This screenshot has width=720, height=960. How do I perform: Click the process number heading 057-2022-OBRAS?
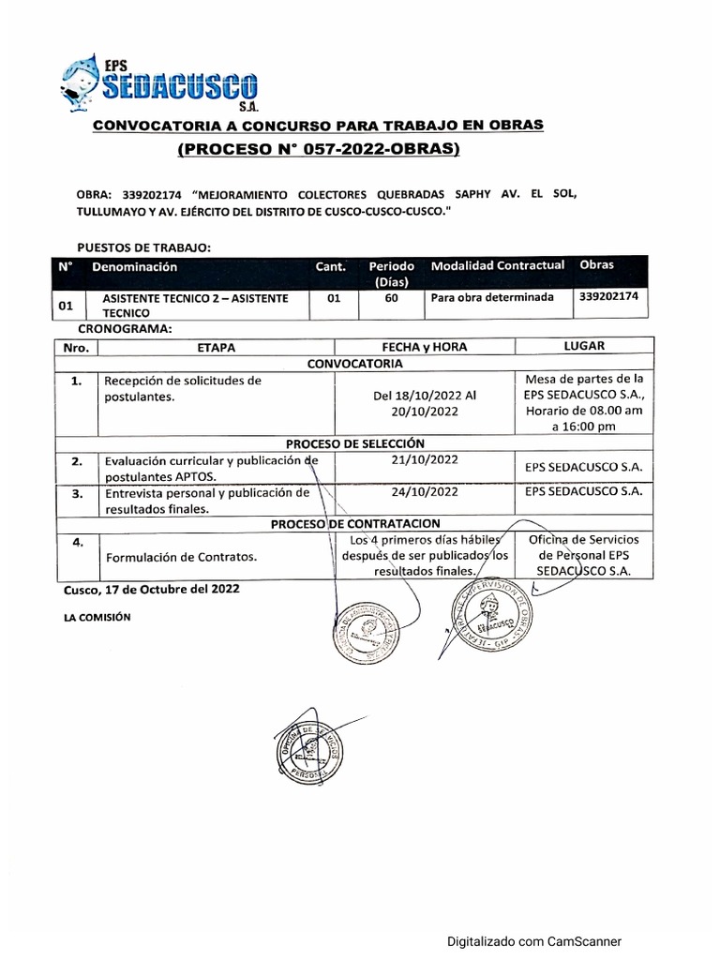[x=318, y=149]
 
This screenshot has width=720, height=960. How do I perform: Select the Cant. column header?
[x=330, y=266]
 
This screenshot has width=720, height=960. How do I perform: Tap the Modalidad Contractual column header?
[x=498, y=265]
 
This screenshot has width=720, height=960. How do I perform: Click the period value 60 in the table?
[x=391, y=298]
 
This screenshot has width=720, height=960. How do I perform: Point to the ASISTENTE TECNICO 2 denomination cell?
[x=195, y=305]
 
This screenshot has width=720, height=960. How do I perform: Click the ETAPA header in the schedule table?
[x=217, y=347]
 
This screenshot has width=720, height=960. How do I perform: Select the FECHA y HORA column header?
[x=424, y=347]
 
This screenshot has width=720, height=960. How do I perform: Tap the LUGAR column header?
[x=584, y=346]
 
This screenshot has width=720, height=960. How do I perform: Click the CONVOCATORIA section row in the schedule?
[x=355, y=363]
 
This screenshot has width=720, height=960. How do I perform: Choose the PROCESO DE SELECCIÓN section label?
[x=355, y=442]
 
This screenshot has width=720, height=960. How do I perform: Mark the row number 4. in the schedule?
[x=78, y=541]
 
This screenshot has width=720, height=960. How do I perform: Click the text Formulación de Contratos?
[x=181, y=557]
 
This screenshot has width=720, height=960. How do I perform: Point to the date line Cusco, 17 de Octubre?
[x=151, y=590]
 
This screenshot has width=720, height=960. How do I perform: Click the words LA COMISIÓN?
[x=97, y=617]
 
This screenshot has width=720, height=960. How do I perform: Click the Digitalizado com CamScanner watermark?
[x=533, y=942]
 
